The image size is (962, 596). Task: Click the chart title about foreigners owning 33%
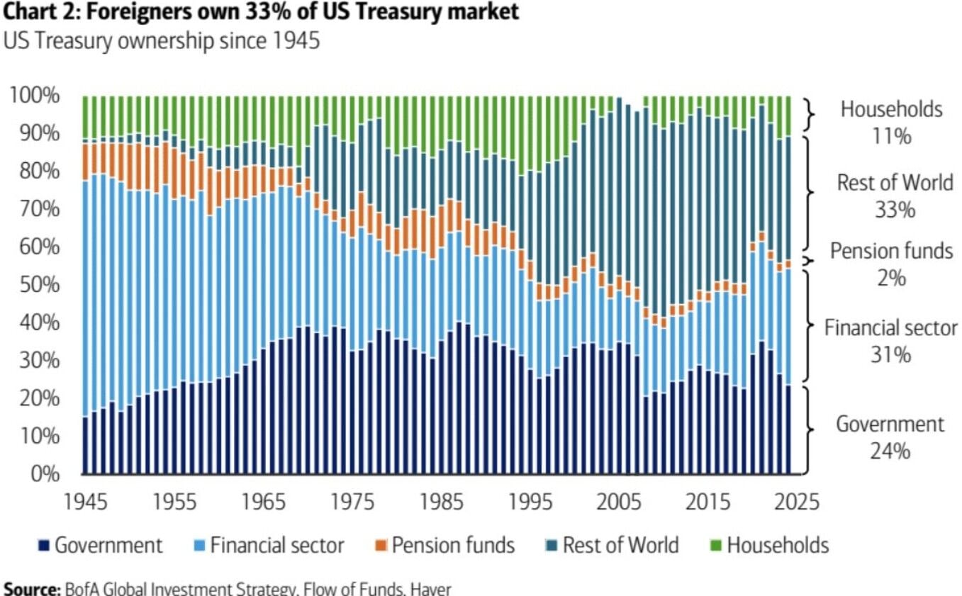point(261,12)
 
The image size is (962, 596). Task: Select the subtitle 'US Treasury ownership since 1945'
point(162,40)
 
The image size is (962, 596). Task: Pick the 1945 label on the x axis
point(87,502)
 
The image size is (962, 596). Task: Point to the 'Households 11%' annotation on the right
point(891,122)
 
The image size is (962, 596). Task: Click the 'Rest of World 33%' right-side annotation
point(895,196)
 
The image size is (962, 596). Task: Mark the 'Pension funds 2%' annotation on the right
point(891,264)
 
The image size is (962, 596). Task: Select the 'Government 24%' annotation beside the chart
point(890,437)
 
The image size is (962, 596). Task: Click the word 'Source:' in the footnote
point(31,588)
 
